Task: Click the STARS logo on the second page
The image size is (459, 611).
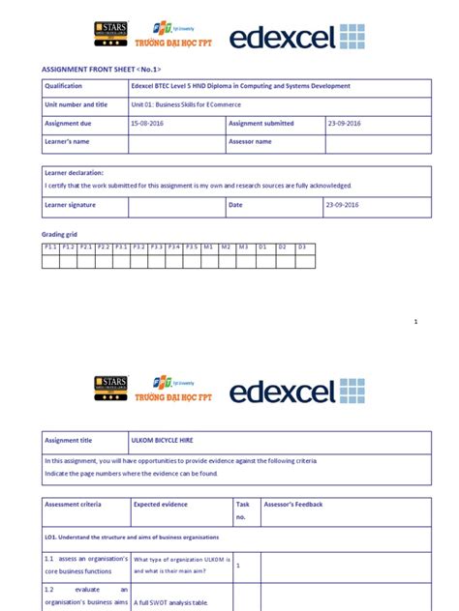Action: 110,387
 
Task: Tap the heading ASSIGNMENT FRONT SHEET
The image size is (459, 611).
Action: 100,71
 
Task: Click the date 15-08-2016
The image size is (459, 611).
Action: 147,124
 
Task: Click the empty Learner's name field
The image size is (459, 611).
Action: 176,142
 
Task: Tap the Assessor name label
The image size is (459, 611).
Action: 250,142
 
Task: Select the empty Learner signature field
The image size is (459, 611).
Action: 176,206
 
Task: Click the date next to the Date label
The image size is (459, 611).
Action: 342,206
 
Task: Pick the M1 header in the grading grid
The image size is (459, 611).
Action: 207,247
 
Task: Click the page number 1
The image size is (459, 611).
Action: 415,321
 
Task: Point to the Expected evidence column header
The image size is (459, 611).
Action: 161,504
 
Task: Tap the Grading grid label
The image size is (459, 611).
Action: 60,235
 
